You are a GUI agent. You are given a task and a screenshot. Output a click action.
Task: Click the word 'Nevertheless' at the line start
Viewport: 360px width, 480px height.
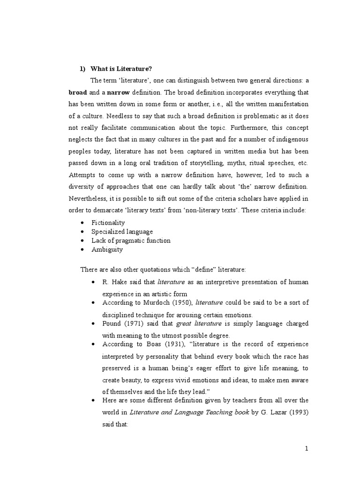[x=90, y=199]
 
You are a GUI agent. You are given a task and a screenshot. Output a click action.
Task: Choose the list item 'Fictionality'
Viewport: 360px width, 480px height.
[x=108, y=223]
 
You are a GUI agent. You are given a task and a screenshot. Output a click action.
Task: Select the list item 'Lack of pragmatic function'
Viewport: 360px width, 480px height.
[x=131, y=240]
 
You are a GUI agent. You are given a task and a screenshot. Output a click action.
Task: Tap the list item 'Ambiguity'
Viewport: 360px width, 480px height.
[x=107, y=249]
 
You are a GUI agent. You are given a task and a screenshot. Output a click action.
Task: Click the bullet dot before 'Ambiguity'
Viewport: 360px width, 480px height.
[x=82, y=250]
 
